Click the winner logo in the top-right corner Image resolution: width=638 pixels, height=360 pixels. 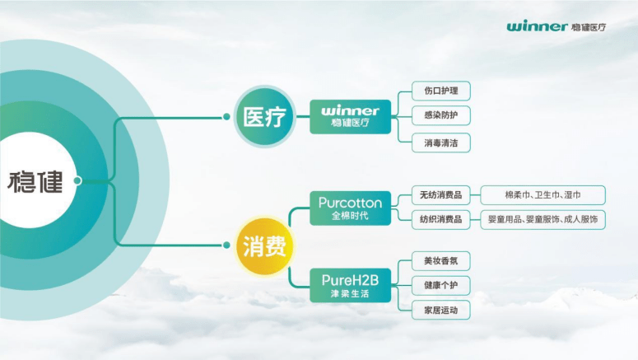point(557,26)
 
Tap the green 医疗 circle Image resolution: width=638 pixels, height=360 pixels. point(265,116)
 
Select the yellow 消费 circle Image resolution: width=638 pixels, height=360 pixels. point(265,246)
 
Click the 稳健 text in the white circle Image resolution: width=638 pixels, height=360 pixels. point(35,181)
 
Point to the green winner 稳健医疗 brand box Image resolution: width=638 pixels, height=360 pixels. point(351,116)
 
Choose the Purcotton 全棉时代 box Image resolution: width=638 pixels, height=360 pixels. point(351,208)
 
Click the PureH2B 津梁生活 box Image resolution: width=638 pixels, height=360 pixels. point(351,286)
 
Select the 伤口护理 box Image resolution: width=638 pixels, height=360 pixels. point(441,91)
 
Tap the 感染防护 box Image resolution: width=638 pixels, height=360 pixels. point(441,115)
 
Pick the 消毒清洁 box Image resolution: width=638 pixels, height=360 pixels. point(441,143)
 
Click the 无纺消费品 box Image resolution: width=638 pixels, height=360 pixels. point(441,195)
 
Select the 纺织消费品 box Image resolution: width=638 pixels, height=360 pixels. point(441,219)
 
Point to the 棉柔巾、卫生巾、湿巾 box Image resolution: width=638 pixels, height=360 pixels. point(543,195)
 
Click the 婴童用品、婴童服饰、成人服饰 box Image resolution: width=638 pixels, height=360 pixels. point(543,219)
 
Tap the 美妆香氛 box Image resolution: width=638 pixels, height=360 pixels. point(441,261)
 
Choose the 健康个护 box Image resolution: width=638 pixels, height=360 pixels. point(441,286)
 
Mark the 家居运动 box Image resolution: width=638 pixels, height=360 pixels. point(441,311)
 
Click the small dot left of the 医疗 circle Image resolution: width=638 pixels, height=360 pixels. point(226,117)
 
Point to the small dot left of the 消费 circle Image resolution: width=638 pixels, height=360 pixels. point(226,245)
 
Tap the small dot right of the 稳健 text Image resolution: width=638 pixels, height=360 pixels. point(77,180)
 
